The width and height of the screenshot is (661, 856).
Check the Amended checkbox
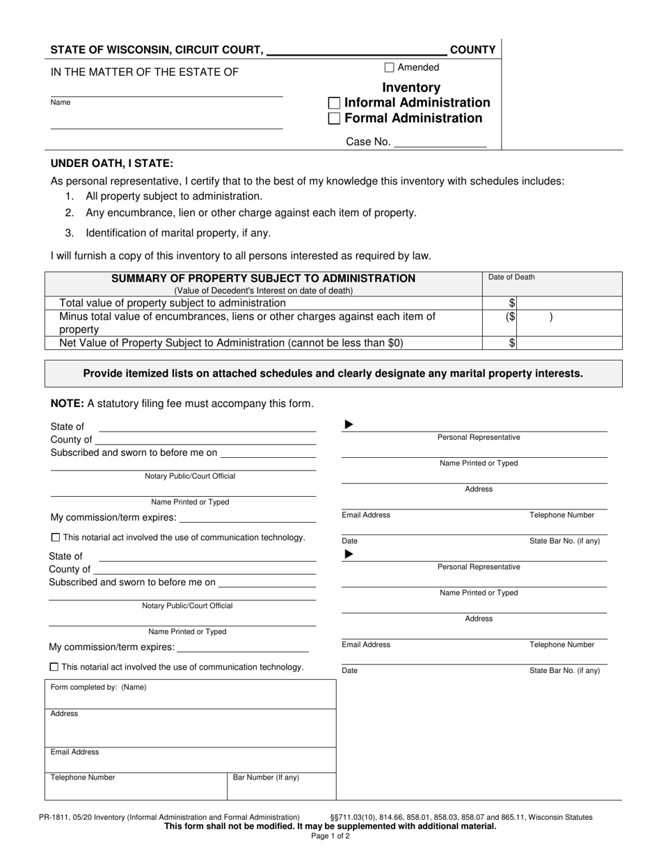(x=389, y=68)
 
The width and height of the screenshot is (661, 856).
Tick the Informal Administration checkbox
(x=334, y=103)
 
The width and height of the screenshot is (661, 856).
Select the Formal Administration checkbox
(x=334, y=118)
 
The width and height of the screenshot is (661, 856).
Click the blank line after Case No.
(x=440, y=142)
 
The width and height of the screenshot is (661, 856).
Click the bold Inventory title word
(x=411, y=88)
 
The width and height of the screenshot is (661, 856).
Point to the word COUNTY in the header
(x=473, y=50)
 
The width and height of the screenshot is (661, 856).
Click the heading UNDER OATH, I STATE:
(x=112, y=164)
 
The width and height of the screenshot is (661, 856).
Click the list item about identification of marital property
(x=177, y=233)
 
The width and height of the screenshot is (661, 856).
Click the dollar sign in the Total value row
(x=512, y=303)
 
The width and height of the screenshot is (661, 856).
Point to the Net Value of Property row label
(x=231, y=343)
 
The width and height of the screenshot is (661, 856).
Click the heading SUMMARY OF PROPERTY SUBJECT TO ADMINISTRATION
(x=264, y=278)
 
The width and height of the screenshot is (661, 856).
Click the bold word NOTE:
(x=67, y=403)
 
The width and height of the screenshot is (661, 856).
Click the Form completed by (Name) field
(x=190, y=694)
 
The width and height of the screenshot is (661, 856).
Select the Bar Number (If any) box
(x=281, y=786)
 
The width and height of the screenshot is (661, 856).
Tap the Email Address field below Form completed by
(x=190, y=759)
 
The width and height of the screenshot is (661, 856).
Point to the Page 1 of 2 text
(x=330, y=837)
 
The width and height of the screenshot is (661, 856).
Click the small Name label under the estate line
(x=61, y=102)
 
